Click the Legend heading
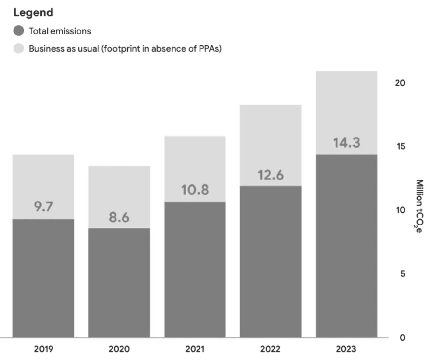(33, 13)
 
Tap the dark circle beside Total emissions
(19, 31)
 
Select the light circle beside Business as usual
(19, 49)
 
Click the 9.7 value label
(44, 207)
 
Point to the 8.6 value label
(119, 218)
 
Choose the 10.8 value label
(195, 190)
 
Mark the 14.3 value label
(346, 143)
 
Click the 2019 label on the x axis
(44, 349)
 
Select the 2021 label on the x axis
(195, 349)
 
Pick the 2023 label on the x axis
(346, 349)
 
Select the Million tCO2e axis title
(419, 206)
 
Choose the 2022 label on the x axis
(270, 349)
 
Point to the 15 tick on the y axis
(400, 147)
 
